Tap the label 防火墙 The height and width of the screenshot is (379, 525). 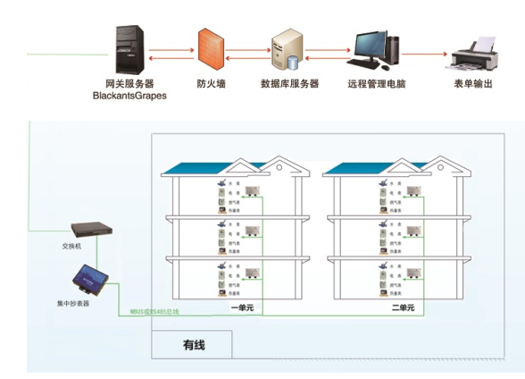[x=211, y=83]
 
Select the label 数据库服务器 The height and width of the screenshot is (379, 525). [x=289, y=83]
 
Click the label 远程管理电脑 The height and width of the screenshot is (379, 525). [x=377, y=83]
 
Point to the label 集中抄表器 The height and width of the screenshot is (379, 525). [x=72, y=303]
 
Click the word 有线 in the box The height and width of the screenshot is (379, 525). [x=194, y=344]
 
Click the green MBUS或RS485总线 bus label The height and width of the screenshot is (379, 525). [x=154, y=310]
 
